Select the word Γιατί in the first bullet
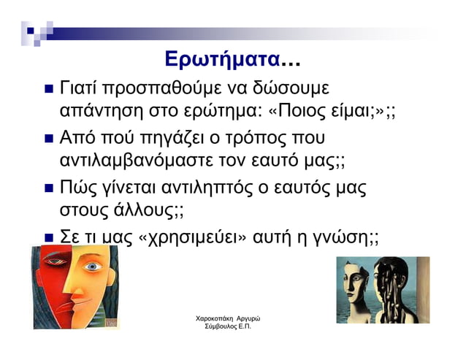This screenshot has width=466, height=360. tap(78, 89)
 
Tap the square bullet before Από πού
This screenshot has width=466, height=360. tap(47, 139)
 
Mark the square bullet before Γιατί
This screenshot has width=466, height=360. tap(47, 91)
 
